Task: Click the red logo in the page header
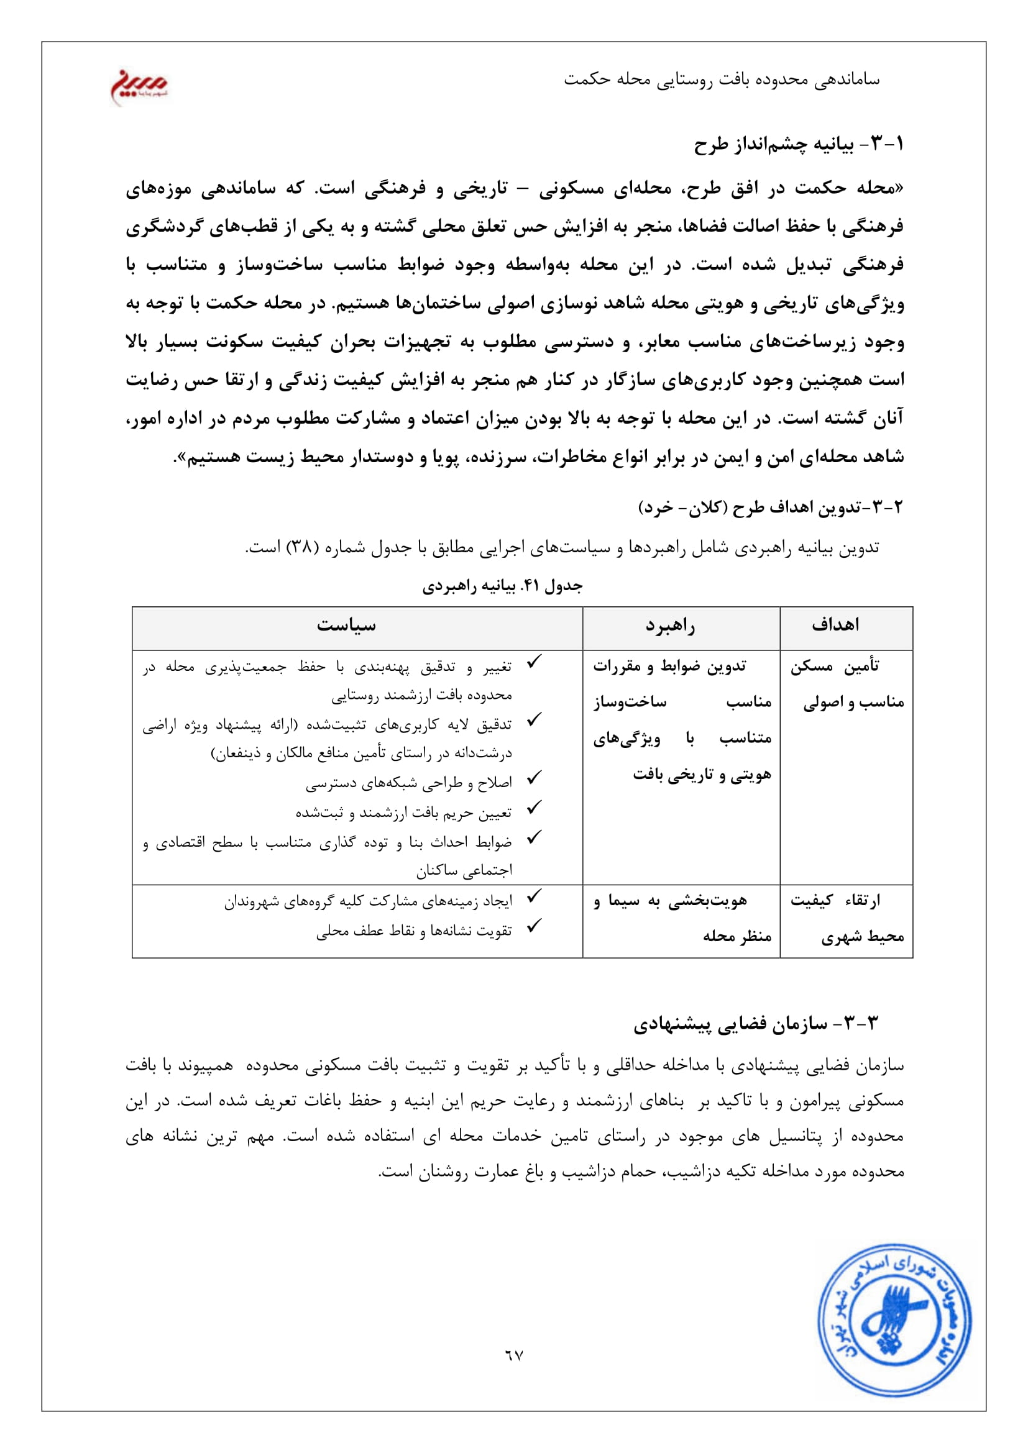click(x=139, y=87)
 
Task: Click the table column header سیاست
click(x=346, y=626)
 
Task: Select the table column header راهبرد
click(x=671, y=626)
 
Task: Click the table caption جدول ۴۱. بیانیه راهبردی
click(x=502, y=586)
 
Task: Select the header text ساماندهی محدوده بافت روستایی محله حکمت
click(x=722, y=80)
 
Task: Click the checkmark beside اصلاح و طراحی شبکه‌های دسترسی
click(x=535, y=777)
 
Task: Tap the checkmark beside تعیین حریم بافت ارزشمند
click(x=535, y=807)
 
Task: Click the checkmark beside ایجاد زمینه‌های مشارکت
click(x=535, y=896)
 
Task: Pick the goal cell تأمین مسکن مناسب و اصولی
click(x=847, y=684)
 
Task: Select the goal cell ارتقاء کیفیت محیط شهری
click(x=847, y=918)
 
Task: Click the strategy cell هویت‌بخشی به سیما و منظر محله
click(x=682, y=918)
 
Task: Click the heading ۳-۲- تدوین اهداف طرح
click(x=770, y=507)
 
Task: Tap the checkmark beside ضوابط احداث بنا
click(x=535, y=837)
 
